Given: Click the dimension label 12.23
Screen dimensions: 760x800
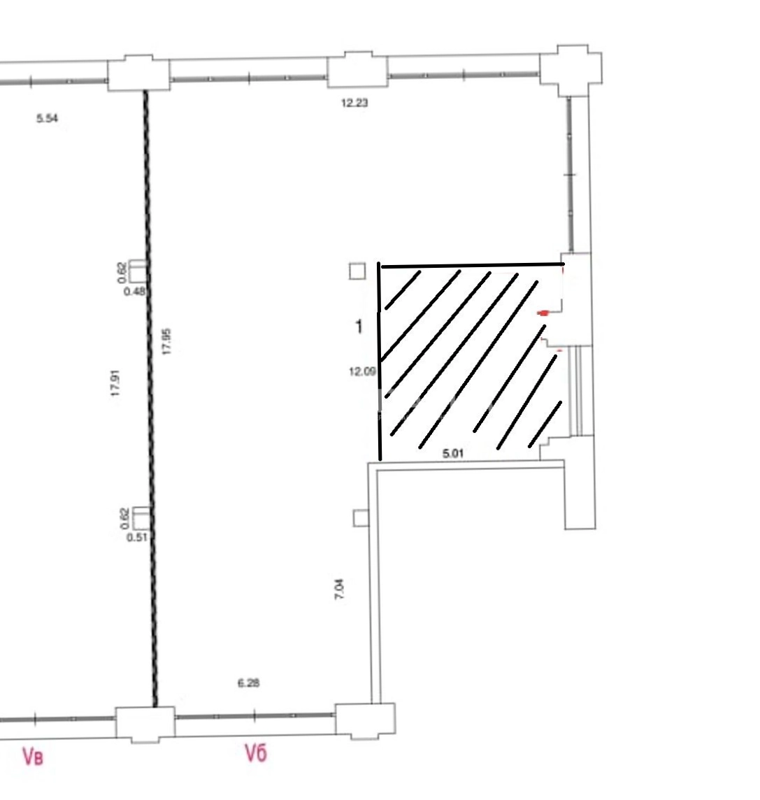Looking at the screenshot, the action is tap(354, 103).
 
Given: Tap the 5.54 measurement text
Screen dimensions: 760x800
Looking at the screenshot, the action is tap(47, 118).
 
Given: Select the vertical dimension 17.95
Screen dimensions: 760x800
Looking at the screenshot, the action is tap(166, 341).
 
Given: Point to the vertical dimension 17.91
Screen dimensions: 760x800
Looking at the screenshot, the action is tap(115, 383).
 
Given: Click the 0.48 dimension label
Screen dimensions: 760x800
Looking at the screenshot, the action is tap(135, 292).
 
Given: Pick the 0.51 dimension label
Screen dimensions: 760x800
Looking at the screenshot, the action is tap(137, 537).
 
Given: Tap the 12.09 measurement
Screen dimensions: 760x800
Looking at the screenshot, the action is tap(362, 372).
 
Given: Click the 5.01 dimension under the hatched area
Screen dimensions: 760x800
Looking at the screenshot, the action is tap(453, 453).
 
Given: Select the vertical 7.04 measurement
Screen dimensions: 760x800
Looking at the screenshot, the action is tap(339, 588).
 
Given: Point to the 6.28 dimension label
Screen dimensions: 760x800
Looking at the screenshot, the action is tap(248, 683).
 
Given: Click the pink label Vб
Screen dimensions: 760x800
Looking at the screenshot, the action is tap(255, 752).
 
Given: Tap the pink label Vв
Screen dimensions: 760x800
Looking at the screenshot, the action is tap(33, 756).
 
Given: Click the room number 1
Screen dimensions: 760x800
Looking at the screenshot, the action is tap(359, 326).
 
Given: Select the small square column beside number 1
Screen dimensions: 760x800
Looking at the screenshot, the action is tap(357, 271).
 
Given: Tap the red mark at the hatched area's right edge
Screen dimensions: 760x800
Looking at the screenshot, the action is tap(544, 313).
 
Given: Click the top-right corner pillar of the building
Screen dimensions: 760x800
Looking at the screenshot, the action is tap(571, 70).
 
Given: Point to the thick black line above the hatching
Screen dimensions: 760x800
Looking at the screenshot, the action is tap(473, 265).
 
